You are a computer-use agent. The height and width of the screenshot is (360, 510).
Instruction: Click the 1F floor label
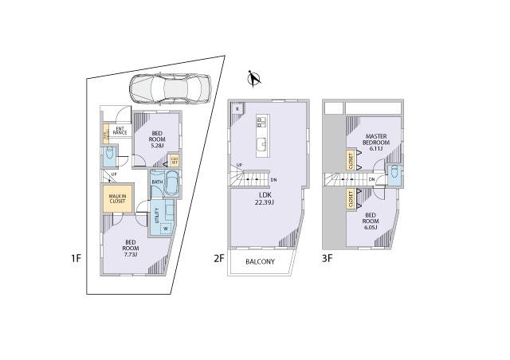coord(75,257)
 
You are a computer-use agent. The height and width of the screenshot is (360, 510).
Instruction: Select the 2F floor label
coord(218,257)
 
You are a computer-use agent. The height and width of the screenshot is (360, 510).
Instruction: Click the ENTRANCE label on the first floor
coord(120,131)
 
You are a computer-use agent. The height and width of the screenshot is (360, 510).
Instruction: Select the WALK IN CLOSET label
coord(116,198)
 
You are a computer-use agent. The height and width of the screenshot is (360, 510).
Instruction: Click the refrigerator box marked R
coord(237,109)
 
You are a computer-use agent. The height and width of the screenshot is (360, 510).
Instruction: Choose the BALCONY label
coord(260,261)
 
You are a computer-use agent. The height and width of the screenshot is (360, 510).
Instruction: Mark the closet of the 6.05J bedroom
coord(351,200)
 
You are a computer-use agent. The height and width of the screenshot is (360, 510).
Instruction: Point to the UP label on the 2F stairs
coord(239,166)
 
